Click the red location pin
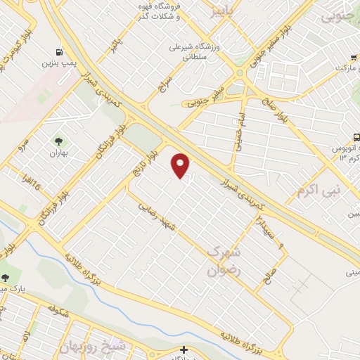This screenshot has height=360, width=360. [x=181, y=166]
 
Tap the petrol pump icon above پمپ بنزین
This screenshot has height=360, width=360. [x=58, y=52]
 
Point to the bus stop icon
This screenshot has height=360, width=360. [x=357, y=139]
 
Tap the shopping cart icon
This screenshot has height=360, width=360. [x=356, y=58]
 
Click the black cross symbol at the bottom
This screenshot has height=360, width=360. [x=184, y=349]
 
